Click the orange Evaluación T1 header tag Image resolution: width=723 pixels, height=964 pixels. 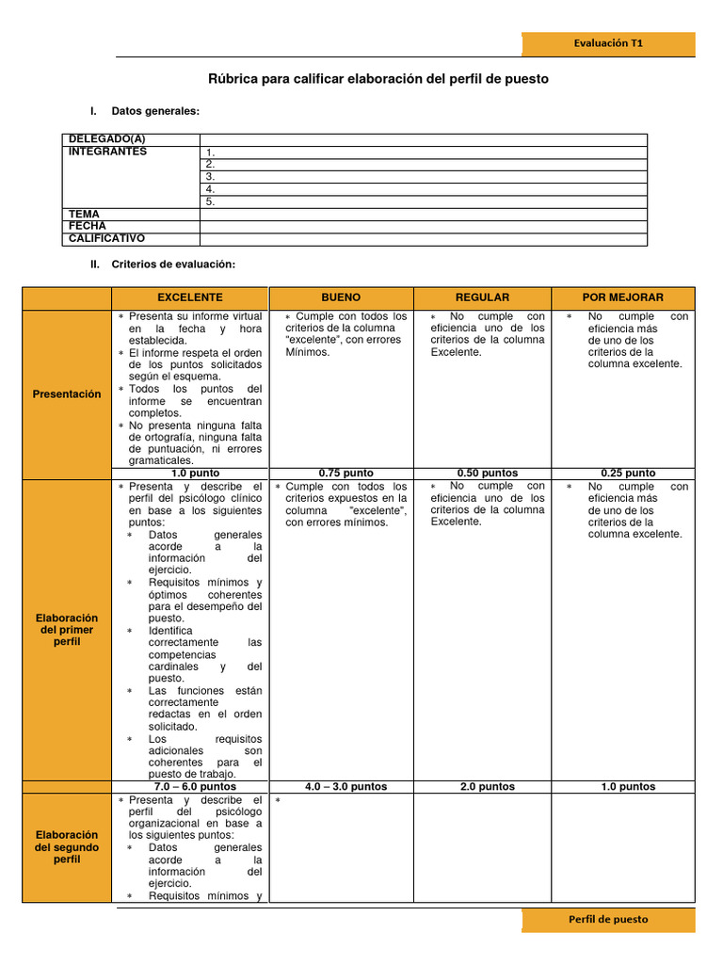[608, 43]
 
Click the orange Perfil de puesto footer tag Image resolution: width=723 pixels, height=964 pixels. [608, 920]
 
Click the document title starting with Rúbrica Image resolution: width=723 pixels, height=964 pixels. [378, 80]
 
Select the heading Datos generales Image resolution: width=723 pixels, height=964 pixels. [155, 111]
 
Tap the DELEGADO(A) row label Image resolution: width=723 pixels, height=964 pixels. [107, 139]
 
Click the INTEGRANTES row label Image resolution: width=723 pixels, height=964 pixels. [108, 152]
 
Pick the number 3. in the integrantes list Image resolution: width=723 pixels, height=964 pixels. [211, 176]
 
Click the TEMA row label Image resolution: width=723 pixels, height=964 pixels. [85, 214]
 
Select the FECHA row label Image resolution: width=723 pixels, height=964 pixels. [88, 226]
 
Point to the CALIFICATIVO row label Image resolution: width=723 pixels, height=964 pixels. [106, 238]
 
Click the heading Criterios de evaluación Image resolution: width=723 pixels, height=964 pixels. [172, 265]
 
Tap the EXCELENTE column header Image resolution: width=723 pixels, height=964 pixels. [190, 297]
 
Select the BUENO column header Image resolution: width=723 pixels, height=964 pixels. [341, 297]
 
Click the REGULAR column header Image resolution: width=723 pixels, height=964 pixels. [482, 297]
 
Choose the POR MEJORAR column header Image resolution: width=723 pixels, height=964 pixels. [622, 297]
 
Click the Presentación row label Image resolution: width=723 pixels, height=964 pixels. [67, 394]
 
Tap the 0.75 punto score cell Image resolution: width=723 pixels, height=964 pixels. [341, 473]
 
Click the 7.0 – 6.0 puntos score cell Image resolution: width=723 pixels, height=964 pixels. [195, 786]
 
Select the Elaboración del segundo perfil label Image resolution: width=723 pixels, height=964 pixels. [67, 847]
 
